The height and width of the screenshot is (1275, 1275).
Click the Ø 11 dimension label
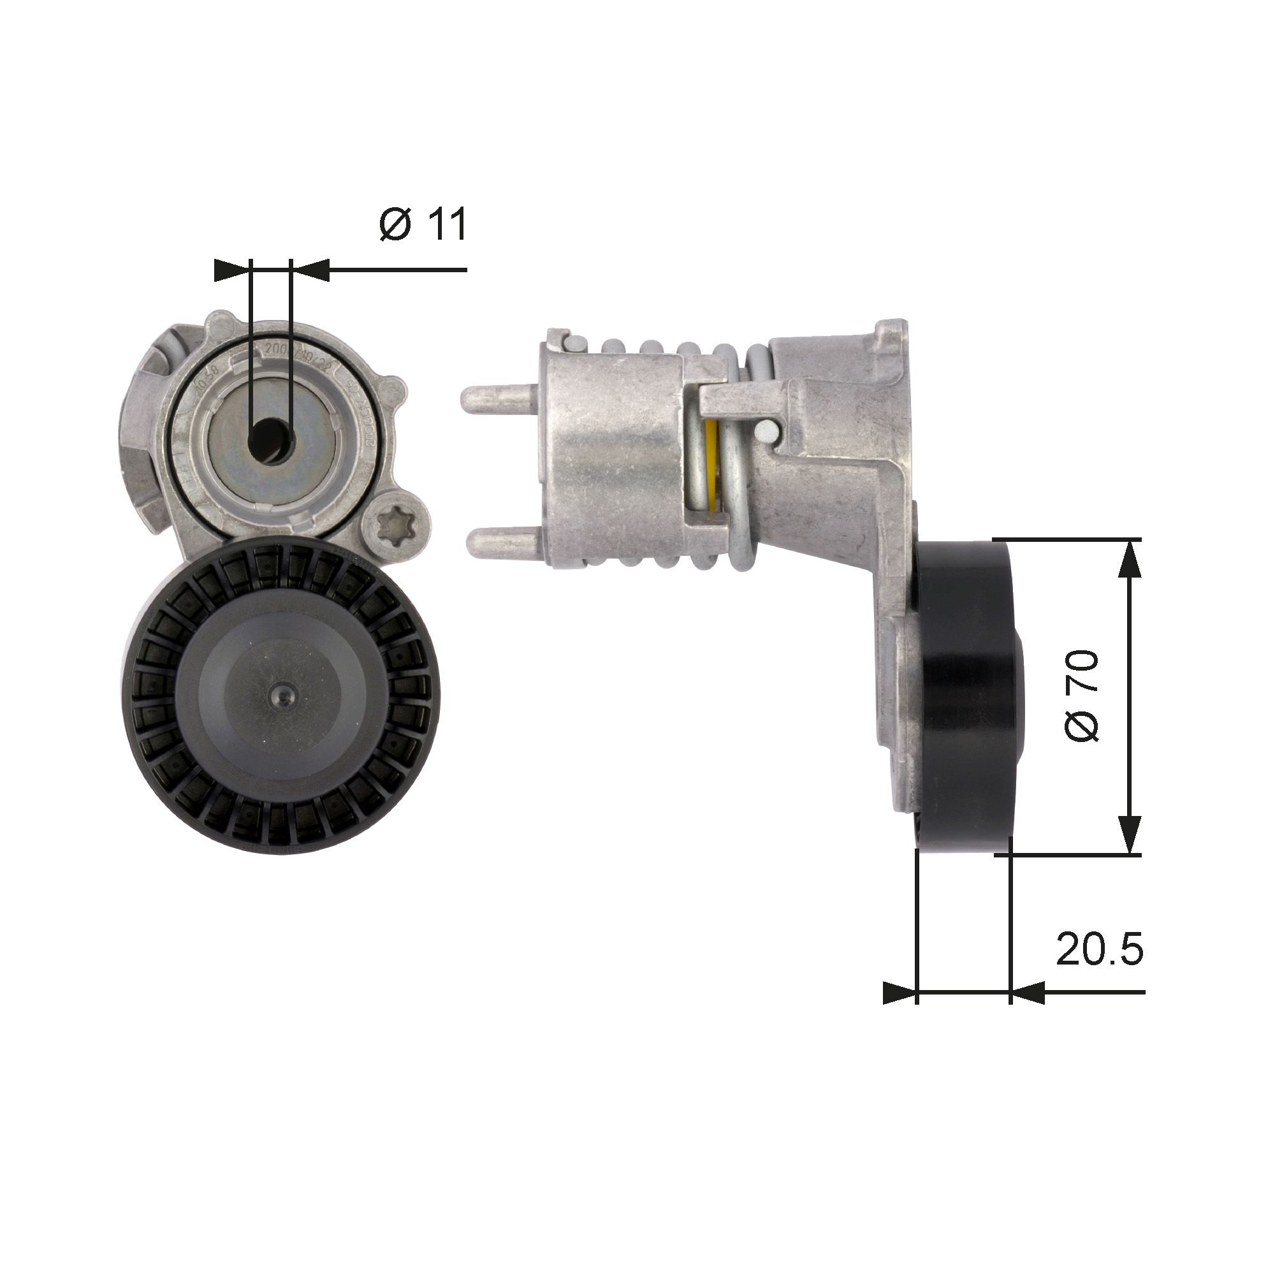point(424,224)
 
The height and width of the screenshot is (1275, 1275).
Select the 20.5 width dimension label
point(1099,950)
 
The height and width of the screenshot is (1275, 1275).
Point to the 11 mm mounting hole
point(270,438)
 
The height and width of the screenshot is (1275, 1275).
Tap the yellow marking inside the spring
point(711,462)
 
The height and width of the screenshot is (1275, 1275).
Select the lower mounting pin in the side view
point(502,543)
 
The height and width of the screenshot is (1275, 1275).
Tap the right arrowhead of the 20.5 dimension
point(1027,1010)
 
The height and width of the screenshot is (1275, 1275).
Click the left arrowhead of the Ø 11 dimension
point(233,270)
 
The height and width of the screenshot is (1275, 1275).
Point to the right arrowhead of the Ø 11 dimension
point(310,270)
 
